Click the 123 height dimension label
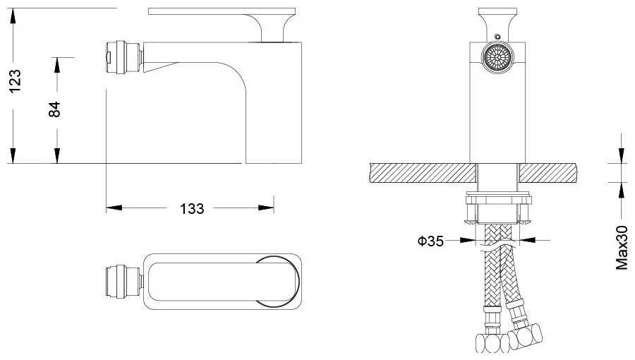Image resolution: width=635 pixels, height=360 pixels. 15,81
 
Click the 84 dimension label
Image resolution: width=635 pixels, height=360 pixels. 54,109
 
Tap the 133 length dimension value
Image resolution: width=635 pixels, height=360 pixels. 192,209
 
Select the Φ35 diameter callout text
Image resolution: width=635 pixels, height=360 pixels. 430,241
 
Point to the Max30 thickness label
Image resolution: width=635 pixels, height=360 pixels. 622,248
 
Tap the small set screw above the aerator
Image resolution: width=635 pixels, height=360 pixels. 497,37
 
